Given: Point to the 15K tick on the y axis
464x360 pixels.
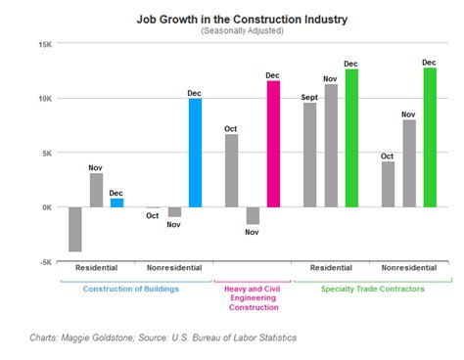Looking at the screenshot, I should tap(45, 44).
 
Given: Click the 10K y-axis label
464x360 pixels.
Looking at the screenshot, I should tap(45, 99).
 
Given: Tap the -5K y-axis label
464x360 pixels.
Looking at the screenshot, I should tap(45, 261).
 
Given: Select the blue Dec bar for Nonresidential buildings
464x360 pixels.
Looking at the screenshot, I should tap(195, 153).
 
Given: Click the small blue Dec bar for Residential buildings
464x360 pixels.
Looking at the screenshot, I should tap(116, 202).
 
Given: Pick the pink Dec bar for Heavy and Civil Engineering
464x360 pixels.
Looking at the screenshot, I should tap(273, 144).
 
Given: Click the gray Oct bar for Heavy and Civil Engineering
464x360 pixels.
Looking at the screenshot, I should tap(232, 170).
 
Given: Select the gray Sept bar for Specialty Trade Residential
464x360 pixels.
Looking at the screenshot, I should tap(310, 155).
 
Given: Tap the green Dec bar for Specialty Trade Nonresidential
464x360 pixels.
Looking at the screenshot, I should tap(430, 137).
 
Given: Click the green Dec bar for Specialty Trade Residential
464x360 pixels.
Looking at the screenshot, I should tap(351, 138).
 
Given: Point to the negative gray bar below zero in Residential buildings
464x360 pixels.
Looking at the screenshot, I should tap(75, 229).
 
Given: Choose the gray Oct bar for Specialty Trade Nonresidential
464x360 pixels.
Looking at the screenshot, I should tap(389, 184).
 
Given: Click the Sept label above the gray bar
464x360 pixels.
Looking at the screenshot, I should tap(310, 98).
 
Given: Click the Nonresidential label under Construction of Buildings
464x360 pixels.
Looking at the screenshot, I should tap(173, 267).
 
